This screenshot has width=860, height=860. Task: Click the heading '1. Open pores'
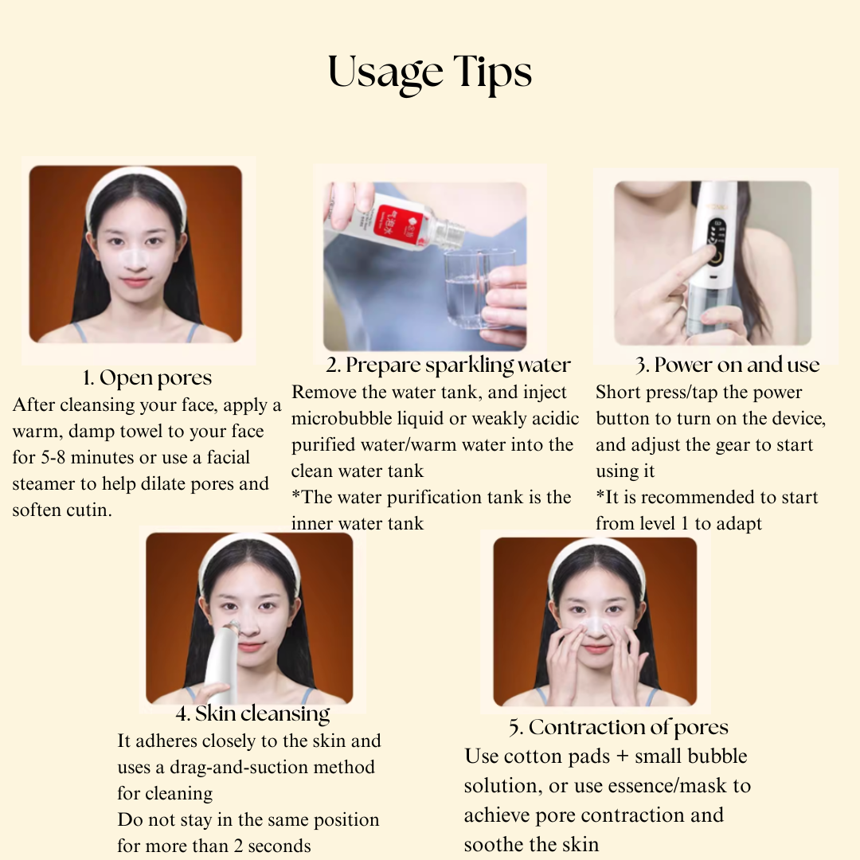point(147,377)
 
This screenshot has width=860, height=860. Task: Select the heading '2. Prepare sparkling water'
point(448,365)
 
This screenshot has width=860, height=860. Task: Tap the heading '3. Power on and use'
point(728,365)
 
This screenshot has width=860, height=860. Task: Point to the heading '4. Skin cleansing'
point(252,713)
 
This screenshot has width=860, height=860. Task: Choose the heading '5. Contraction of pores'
point(619,727)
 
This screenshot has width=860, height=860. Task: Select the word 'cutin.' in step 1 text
point(86,510)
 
